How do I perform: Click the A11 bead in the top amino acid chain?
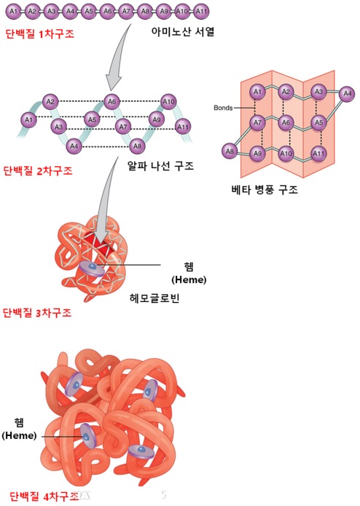tap(201, 12)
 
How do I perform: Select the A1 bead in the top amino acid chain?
tap(13, 12)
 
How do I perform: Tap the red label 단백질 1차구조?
tap(39, 33)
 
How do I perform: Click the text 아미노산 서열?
tap(183, 31)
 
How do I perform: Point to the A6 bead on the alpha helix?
tap(111, 102)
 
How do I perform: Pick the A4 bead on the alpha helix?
tap(74, 146)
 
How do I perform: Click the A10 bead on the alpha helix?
tap(168, 102)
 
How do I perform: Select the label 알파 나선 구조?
tap(160, 166)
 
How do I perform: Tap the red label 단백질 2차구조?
tap(38, 170)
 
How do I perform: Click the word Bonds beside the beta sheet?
tap(223, 108)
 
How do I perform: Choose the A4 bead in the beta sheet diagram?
tap(347, 94)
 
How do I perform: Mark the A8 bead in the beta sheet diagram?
tap(230, 151)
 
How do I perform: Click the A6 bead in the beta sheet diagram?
tap(286, 122)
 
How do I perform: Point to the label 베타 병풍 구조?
tap(265, 189)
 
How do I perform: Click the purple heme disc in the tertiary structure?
tap(93, 269)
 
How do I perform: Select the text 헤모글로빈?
tap(154, 298)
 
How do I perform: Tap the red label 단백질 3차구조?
tap(37, 312)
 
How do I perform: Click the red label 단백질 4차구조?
tap(44, 496)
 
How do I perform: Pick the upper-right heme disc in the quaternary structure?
tap(150, 390)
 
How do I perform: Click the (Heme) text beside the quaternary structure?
tap(19, 435)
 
